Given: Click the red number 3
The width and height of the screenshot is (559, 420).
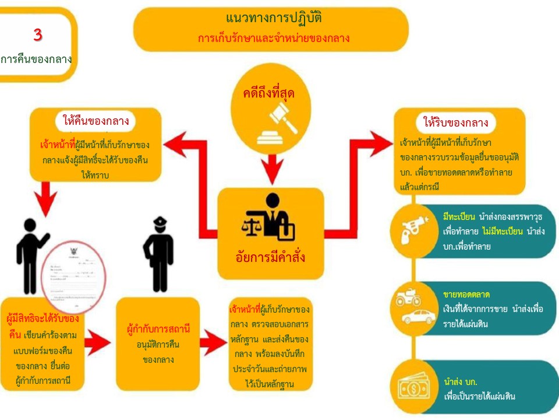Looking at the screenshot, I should (x=38, y=35).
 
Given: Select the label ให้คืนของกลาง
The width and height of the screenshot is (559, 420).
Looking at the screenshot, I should (x=95, y=121).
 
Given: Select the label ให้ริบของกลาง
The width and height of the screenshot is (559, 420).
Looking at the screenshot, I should (x=455, y=123).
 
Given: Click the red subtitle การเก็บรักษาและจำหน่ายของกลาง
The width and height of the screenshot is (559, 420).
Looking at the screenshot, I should (x=274, y=38).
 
